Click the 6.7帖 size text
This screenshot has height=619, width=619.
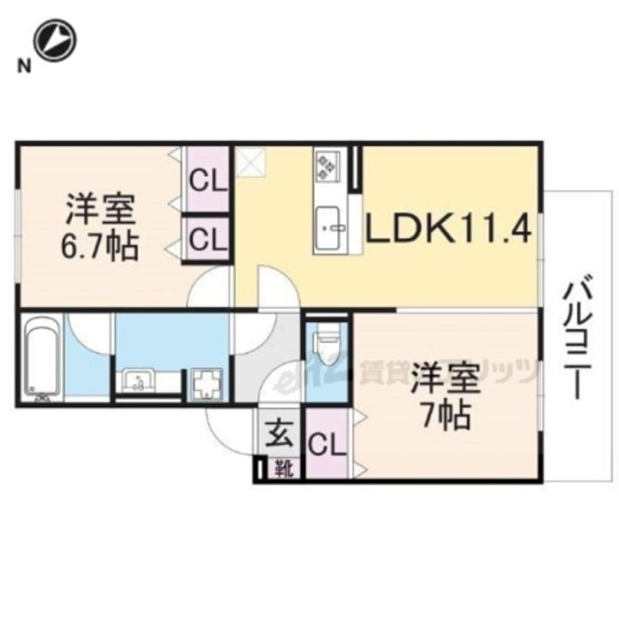click(101, 247)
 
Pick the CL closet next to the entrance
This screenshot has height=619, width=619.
click(327, 445)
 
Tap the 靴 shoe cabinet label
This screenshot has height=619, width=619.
click(281, 469)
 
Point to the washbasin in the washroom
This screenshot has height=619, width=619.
click(138, 379)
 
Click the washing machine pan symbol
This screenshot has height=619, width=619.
click(208, 382)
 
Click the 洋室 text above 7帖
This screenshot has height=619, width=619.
click(444, 378)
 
